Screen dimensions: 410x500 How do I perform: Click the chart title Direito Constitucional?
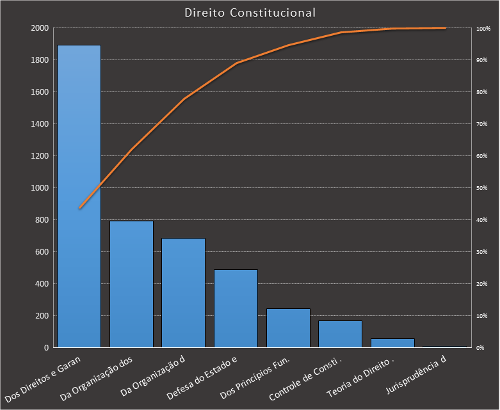(x=250, y=13)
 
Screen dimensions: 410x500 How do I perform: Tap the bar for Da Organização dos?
(x=131, y=284)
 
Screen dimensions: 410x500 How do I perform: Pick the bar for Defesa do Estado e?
(x=236, y=308)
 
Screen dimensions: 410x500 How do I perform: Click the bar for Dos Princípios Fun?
(x=288, y=328)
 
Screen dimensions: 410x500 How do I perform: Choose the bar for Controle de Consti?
(x=340, y=334)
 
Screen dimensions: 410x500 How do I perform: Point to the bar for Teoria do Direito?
(x=392, y=343)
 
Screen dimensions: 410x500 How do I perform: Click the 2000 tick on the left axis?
(x=39, y=28)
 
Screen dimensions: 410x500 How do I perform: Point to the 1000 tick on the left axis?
(x=39, y=188)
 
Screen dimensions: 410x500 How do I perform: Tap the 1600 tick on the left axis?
(x=39, y=92)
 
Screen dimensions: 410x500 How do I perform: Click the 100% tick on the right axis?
(x=482, y=28)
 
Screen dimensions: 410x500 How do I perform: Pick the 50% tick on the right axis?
(x=481, y=188)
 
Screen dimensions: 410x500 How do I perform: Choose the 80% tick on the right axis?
(x=481, y=92)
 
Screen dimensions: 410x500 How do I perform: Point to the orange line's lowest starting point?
(x=79, y=208)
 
